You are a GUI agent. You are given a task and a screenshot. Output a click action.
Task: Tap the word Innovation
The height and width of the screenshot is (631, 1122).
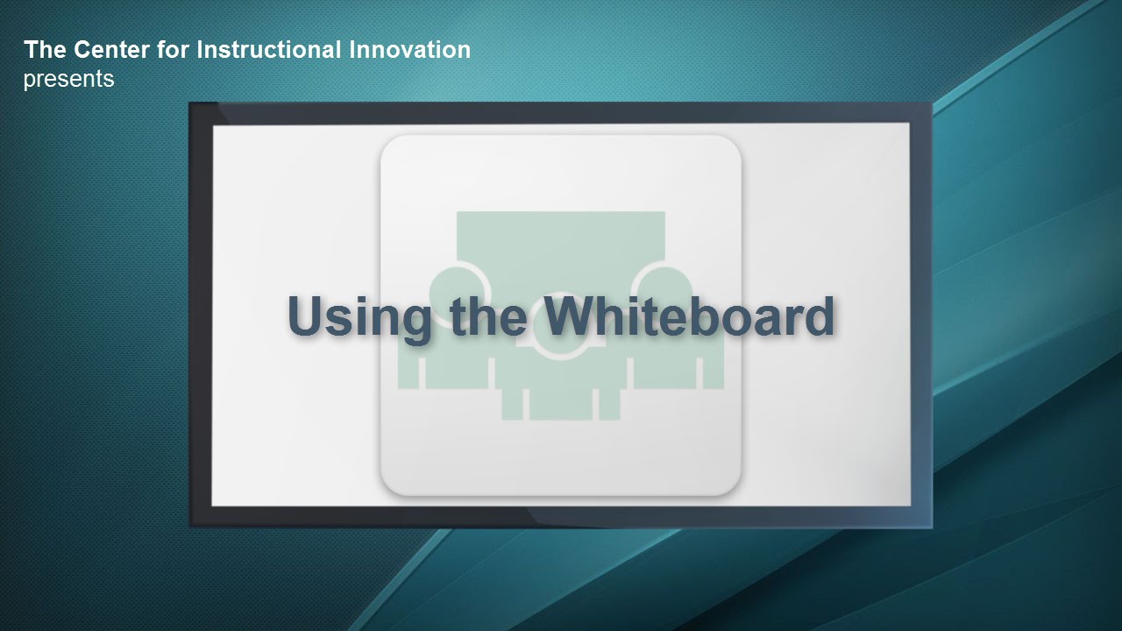(x=409, y=50)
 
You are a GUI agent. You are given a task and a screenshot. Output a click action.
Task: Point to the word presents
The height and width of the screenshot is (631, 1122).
(x=68, y=80)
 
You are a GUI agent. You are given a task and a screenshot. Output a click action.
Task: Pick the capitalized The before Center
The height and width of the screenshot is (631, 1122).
(x=45, y=50)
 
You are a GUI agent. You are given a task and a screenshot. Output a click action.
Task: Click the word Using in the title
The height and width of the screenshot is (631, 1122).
(x=359, y=318)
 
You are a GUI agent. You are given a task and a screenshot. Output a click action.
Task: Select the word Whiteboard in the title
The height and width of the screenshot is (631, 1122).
(x=689, y=315)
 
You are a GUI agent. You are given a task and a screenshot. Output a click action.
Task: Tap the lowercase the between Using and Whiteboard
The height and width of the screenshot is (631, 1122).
(x=488, y=315)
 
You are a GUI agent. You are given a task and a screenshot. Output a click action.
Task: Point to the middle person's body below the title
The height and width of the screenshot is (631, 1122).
(x=561, y=391)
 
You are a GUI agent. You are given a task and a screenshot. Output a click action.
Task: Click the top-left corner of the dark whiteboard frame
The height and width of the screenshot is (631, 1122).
(x=189, y=103)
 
